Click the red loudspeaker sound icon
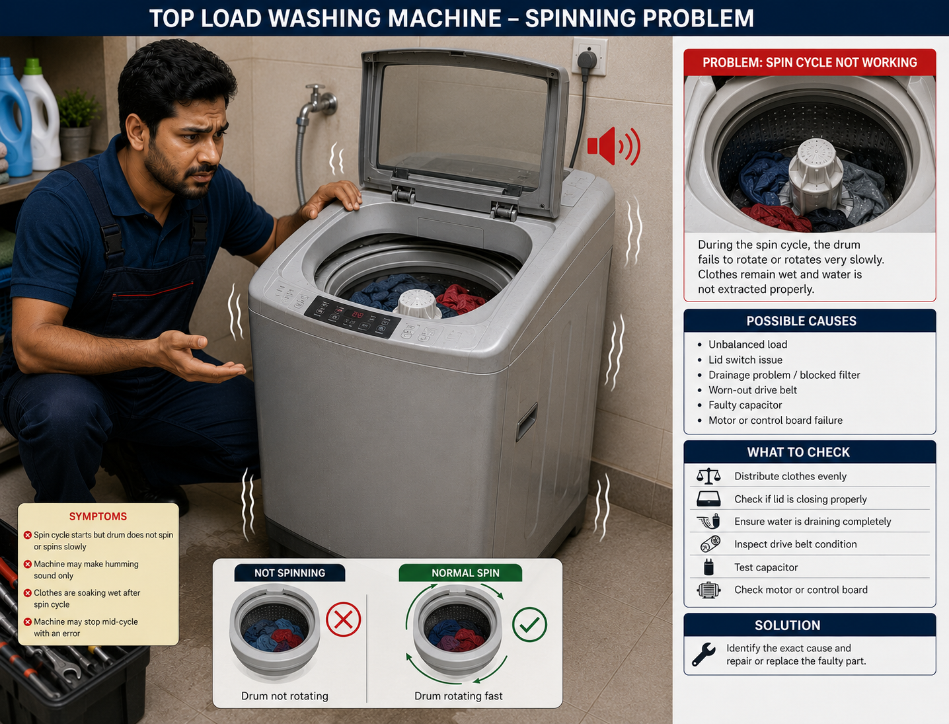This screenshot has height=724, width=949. tap(613, 146)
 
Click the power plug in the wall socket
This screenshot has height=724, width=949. tap(587, 61)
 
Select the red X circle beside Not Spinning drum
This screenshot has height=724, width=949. tap(343, 620)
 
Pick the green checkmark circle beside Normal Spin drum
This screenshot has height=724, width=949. tap(529, 625)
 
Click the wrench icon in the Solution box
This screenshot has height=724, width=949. tap(703, 654)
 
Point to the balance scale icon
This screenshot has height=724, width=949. tap(708, 476)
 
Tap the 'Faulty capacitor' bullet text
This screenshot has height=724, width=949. tap(745, 405)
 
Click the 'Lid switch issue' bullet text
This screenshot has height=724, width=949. tap(745, 360)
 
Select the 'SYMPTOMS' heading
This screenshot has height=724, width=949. tap(98, 516)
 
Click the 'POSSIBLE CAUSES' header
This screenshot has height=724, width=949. tap(801, 321)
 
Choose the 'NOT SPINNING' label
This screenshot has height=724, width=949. tap(289, 573)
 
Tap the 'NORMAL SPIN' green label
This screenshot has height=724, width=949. tap(465, 573)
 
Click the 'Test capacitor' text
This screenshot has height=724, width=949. tap(766, 567)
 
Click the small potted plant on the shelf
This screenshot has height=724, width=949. tap(76, 123)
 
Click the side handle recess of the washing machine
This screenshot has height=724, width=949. tap(527, 422)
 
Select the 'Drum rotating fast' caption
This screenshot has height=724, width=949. tap(458, 696)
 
